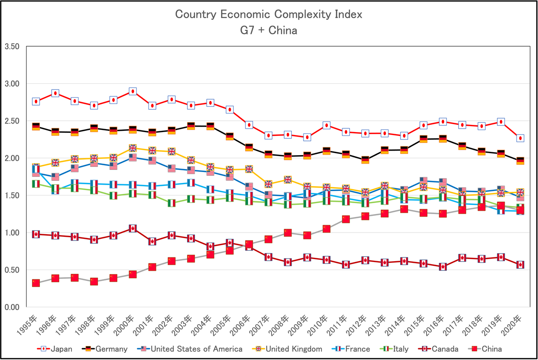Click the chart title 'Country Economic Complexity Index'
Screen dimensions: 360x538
point(269,15)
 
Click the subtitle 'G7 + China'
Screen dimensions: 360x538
point(269,30)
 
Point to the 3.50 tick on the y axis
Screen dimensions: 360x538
point(12,46)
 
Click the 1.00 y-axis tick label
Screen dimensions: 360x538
point(12,233)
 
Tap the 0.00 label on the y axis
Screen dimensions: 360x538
point(12,307)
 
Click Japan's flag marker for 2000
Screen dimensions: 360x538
point(133,91)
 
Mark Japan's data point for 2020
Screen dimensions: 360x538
point(520,138)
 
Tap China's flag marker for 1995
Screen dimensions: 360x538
point(36,283)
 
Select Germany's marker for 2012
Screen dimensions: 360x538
point(365,160)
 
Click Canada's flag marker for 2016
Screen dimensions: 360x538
point(443,267)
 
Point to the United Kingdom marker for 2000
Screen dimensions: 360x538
point(133,148)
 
